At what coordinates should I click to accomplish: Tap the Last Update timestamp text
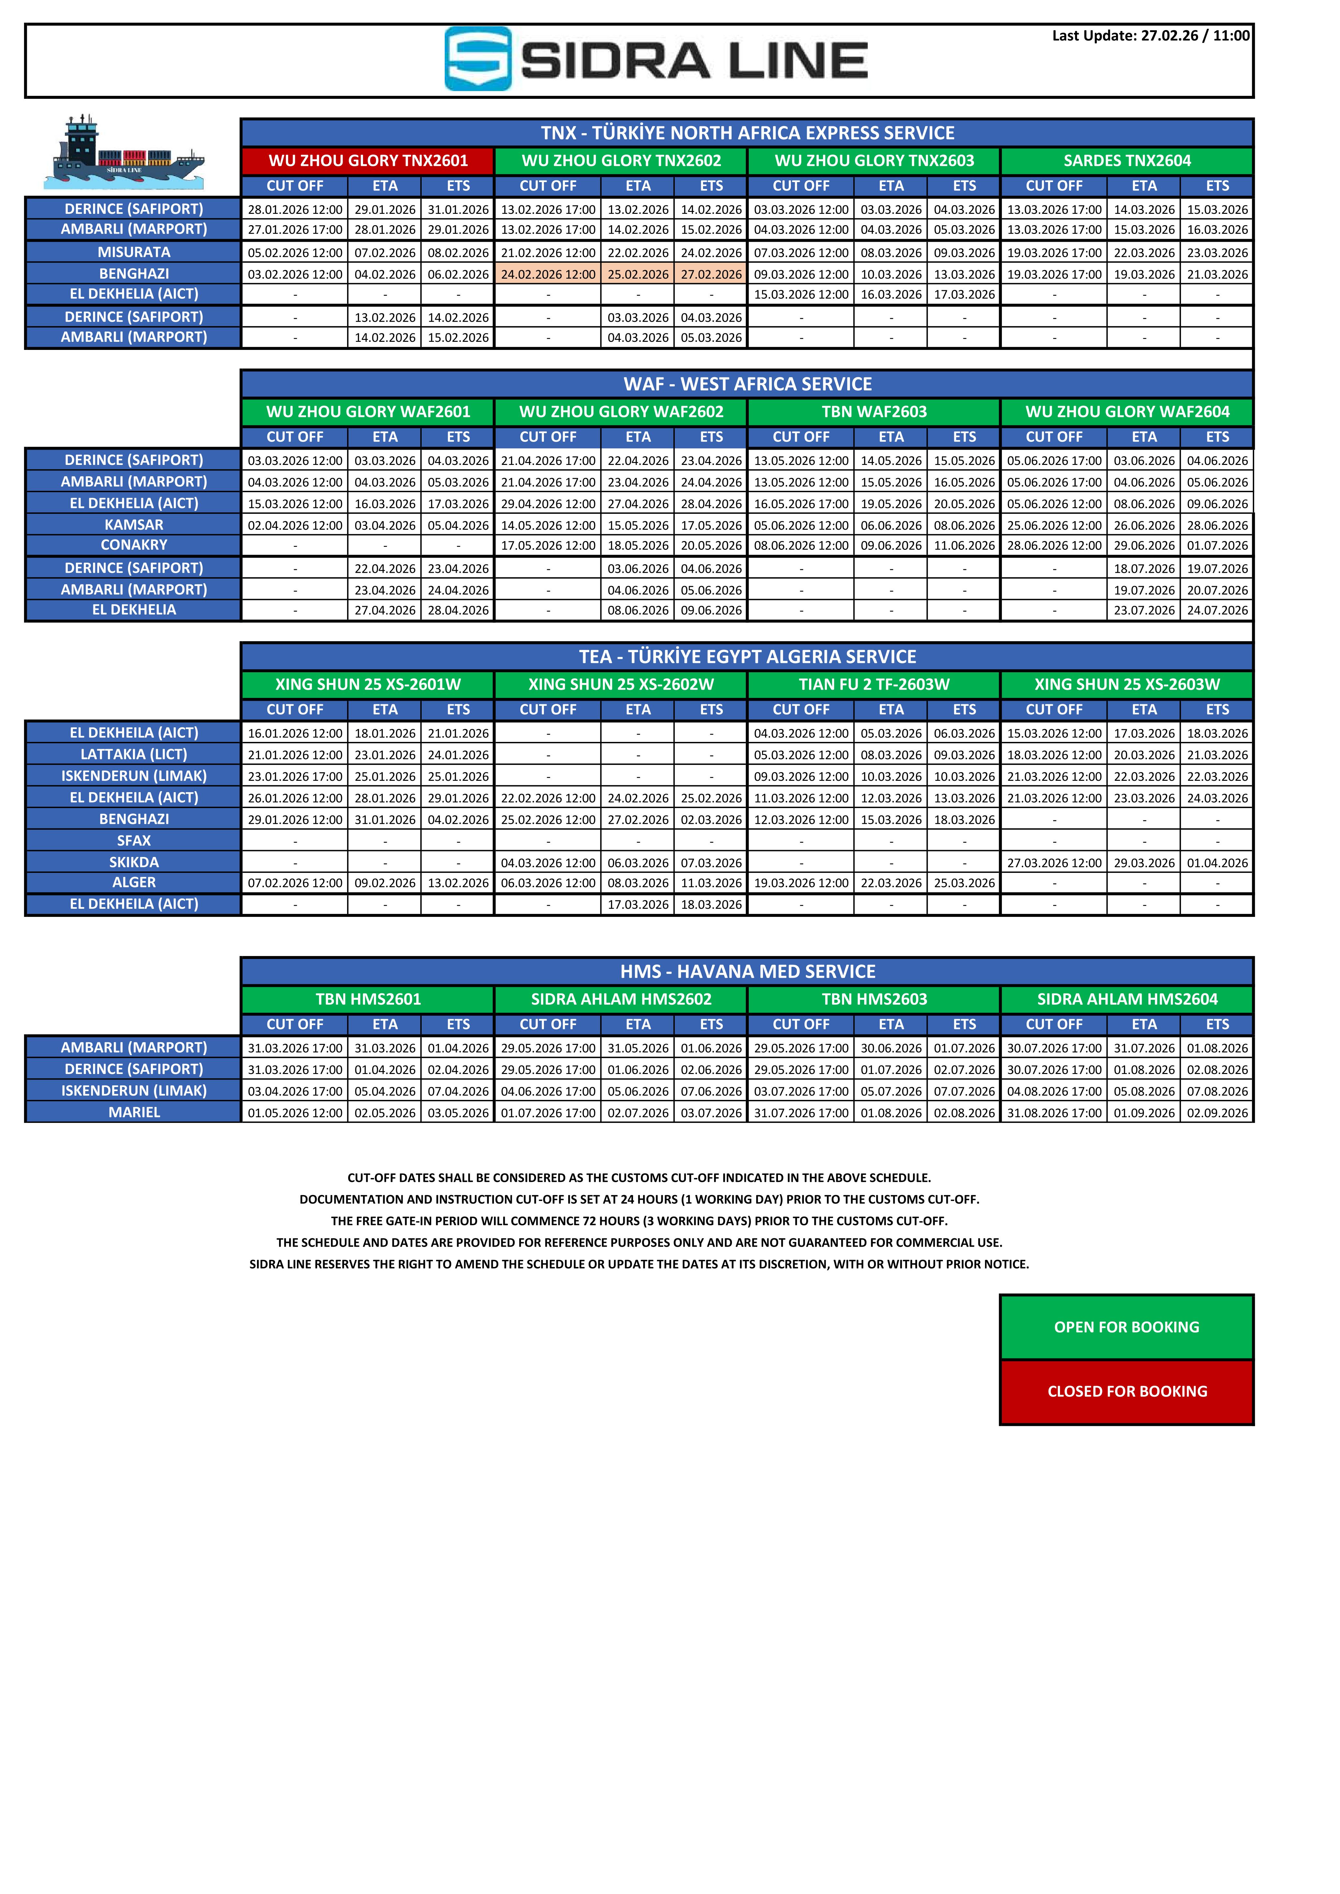coord(1150,35)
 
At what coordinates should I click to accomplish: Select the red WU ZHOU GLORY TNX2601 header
coord(368,161)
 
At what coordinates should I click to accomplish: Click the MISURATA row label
coord(134,252)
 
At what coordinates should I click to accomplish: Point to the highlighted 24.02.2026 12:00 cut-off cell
coord(548,274)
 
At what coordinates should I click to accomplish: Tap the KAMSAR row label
coord(134,525)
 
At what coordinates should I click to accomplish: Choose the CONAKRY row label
coord(134,545)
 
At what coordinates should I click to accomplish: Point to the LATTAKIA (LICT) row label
coord(134,754)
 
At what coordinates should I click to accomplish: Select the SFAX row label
coord(134,841)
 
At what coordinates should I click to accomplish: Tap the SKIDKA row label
coord(134,862)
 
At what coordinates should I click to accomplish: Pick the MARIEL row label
coord(134,1112)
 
